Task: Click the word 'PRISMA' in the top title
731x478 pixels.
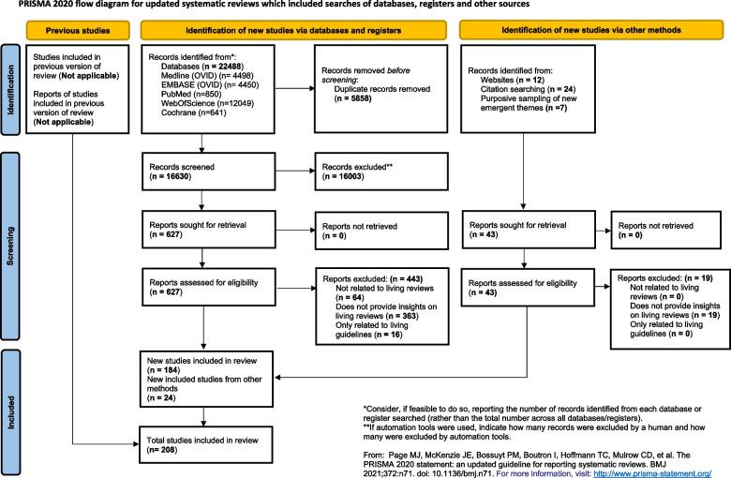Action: coord(20,5)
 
